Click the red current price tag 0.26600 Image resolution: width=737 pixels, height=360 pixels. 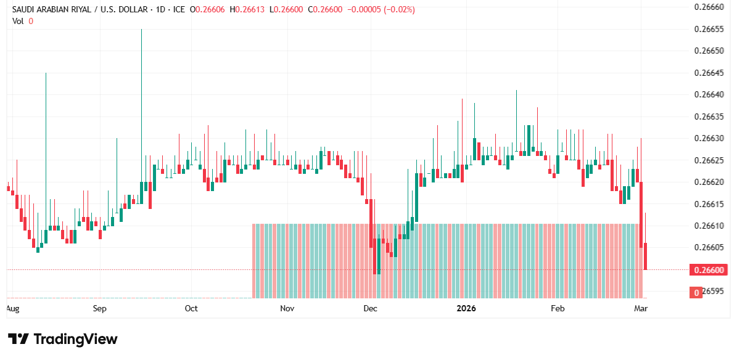709,270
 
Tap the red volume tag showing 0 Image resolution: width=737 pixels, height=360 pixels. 696,292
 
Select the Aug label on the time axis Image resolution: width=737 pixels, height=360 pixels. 12,308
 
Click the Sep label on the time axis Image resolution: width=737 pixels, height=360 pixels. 100,308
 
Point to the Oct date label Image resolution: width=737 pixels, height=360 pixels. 191,308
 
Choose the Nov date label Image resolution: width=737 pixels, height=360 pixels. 287,308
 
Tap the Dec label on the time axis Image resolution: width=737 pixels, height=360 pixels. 371,308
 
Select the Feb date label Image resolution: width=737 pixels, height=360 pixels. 558,308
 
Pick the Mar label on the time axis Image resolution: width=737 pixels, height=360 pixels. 640,308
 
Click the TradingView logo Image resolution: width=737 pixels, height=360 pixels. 63,339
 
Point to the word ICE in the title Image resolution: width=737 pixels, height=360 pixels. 177,10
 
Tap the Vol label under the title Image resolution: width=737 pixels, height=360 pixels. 19,21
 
